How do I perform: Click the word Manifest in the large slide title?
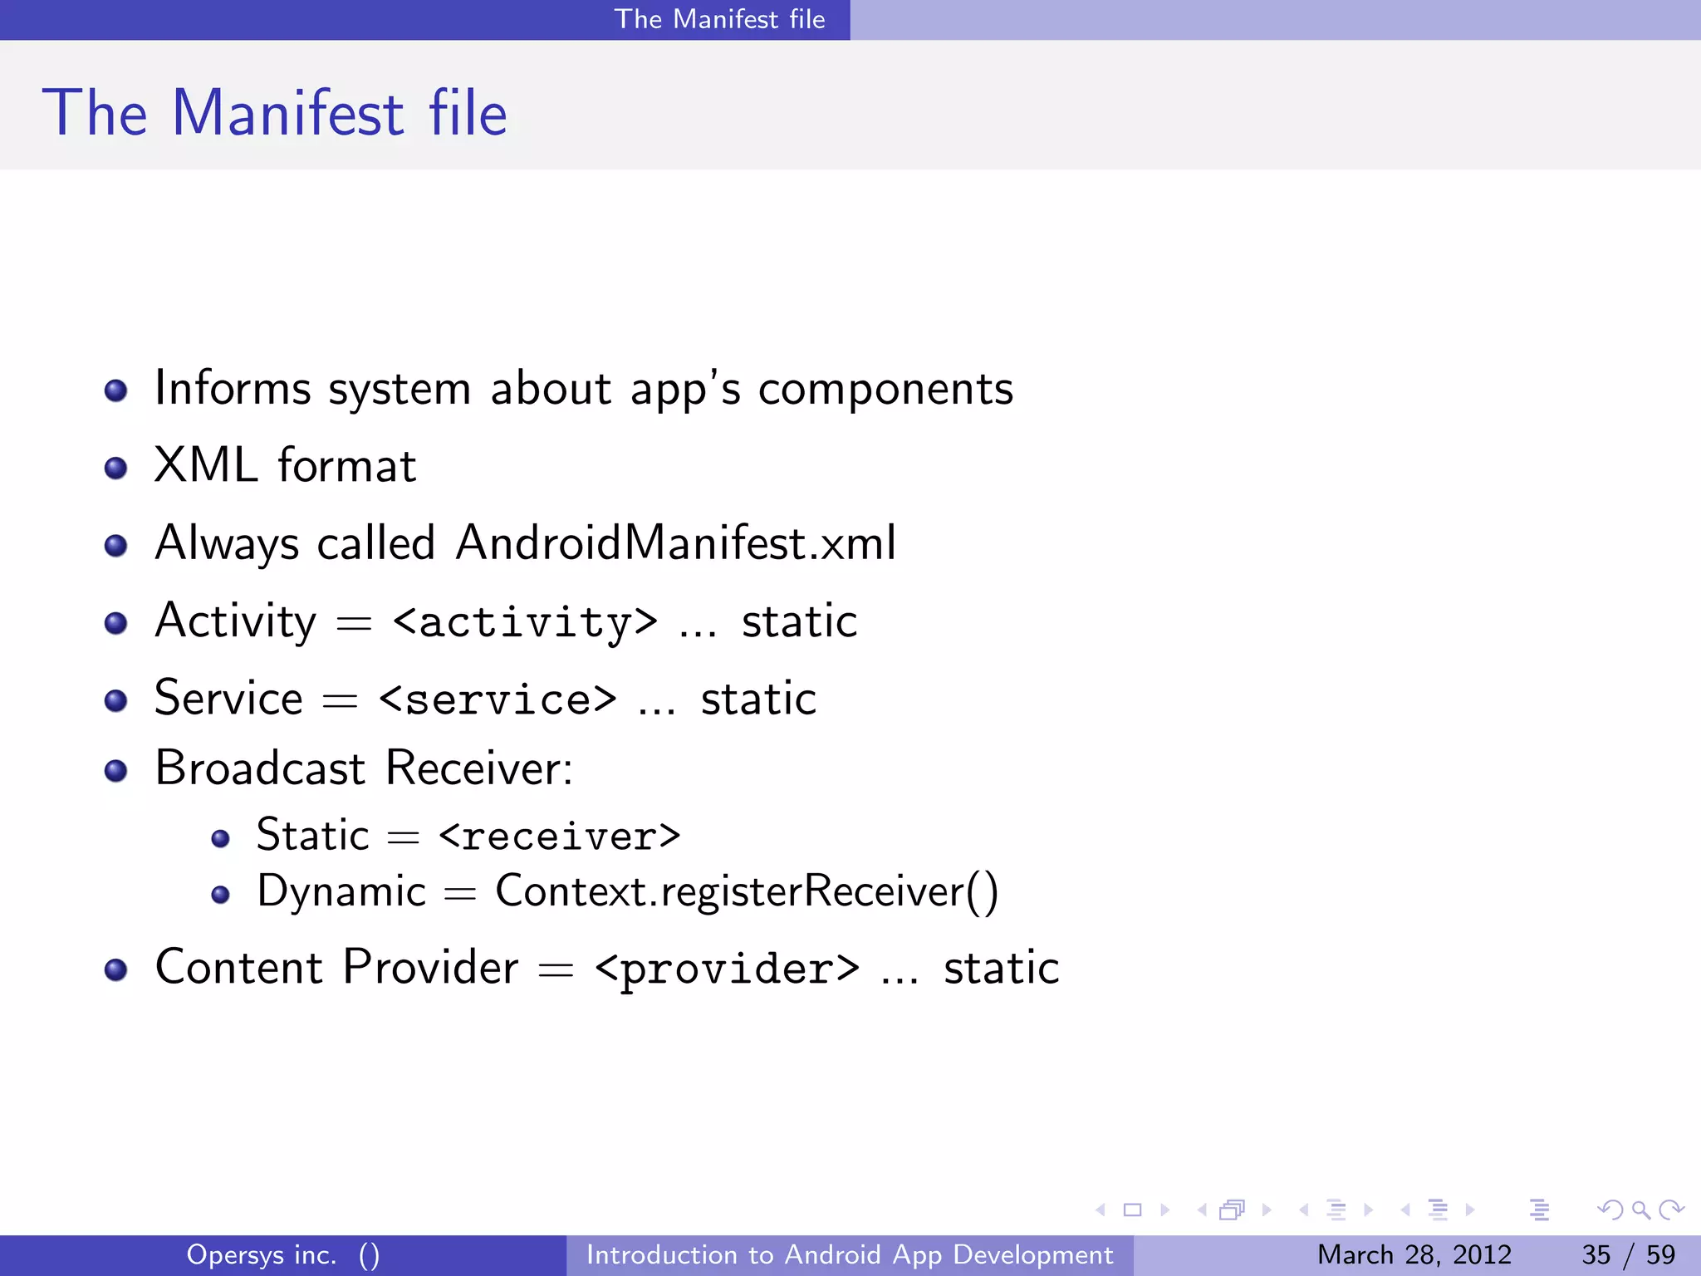pos(287,114)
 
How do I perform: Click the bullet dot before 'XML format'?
pos(116,469)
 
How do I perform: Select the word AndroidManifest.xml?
pos(675,543)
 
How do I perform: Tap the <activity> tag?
pos(525,622)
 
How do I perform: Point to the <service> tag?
pos(498,699)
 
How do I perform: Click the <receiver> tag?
pos(559,836)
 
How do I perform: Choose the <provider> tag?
pos(727,969)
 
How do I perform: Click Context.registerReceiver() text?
pos(747,892)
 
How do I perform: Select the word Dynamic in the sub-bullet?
pos(341,892)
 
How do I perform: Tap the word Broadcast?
pos(260,768)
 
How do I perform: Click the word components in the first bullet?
pos(885,389)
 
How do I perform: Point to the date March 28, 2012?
pos(1414,1254)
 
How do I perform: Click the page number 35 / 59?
pos(1628,1254)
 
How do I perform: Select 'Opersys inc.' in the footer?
pos(262,1254)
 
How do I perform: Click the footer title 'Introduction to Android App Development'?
pos(850,1254)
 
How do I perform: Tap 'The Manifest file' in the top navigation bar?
pos(719,19)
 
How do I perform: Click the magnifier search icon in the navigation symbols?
pos(1640,1210)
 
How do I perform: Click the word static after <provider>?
pos(1001,969)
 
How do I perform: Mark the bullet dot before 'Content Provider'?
pos(116,969)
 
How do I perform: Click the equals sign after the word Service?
pos(340,701)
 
